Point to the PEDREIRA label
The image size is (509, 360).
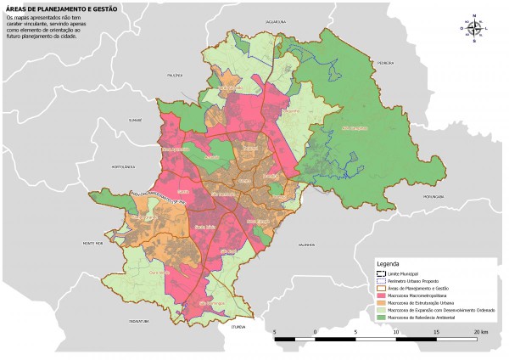click(387, 60)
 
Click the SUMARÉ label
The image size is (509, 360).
click(133, 121)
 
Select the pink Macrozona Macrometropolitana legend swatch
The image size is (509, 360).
click(380, 295)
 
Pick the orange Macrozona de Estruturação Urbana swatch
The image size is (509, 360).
click(380, 302)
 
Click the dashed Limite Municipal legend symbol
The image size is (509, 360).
click(380, 273)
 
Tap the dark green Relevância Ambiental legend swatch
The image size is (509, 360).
click(380, 317)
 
